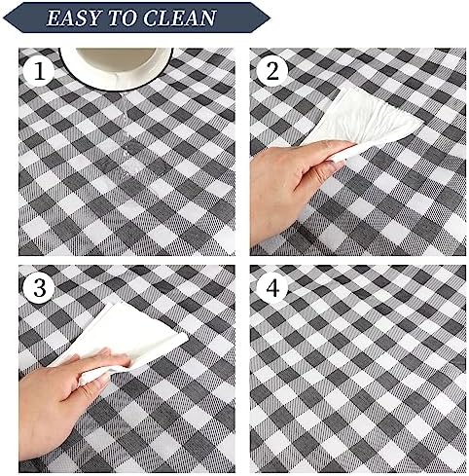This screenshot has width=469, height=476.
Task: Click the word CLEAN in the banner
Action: pos(180,18)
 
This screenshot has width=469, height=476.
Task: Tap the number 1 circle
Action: pos(39,71)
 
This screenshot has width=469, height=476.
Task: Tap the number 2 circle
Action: pos(271,71)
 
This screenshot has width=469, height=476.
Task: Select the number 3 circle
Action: pos(39,288)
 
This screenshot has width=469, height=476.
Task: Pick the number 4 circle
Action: pos(271,288)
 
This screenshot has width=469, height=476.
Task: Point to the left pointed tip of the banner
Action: pos(4,18)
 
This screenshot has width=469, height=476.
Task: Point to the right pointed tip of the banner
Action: pos(270,18)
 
